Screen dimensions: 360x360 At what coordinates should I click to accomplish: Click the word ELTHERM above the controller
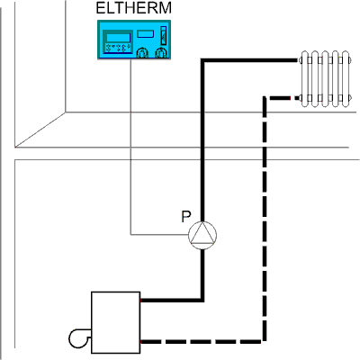click(x=134, y=8)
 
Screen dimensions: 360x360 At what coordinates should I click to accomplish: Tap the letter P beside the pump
click(x=186, y=217)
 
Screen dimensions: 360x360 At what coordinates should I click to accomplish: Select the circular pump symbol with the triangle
click(x=202, y=236)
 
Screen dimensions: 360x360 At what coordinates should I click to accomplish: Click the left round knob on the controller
click(x=142, y=53)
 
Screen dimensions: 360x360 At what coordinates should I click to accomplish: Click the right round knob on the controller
click(x=161, y=53)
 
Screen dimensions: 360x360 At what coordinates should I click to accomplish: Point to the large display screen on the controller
click(x=118, y=38)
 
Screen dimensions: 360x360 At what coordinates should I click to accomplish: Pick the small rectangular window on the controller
click(x=146, y=33)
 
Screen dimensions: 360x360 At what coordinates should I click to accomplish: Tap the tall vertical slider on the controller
click(x=164, y=35)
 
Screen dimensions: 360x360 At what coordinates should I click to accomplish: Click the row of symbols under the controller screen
click(x=118, y=48)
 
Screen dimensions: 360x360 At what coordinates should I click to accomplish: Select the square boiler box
click(x=116, y=322)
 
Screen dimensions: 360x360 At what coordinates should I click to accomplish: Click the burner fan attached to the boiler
click(x=78, y=338)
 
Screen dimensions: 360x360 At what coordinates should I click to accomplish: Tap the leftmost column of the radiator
click(x=305, y=79)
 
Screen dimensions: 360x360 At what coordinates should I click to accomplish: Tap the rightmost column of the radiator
click(x=346, y=79)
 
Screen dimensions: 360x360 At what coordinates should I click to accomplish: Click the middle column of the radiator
click(x=325, y=79)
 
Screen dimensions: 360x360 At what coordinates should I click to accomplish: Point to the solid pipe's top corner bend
click(x=202, y=60)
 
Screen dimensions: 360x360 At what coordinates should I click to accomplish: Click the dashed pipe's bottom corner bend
click(x=265, y=341)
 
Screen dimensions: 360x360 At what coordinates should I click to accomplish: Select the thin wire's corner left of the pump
click(x=130, y=235)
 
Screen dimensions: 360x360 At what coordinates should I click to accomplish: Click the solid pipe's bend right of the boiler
click(x=202, y=300)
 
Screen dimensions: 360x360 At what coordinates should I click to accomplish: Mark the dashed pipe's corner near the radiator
click(x=265, y=98)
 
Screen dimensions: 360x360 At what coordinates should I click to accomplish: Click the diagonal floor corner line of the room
click(x=40, y=130)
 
